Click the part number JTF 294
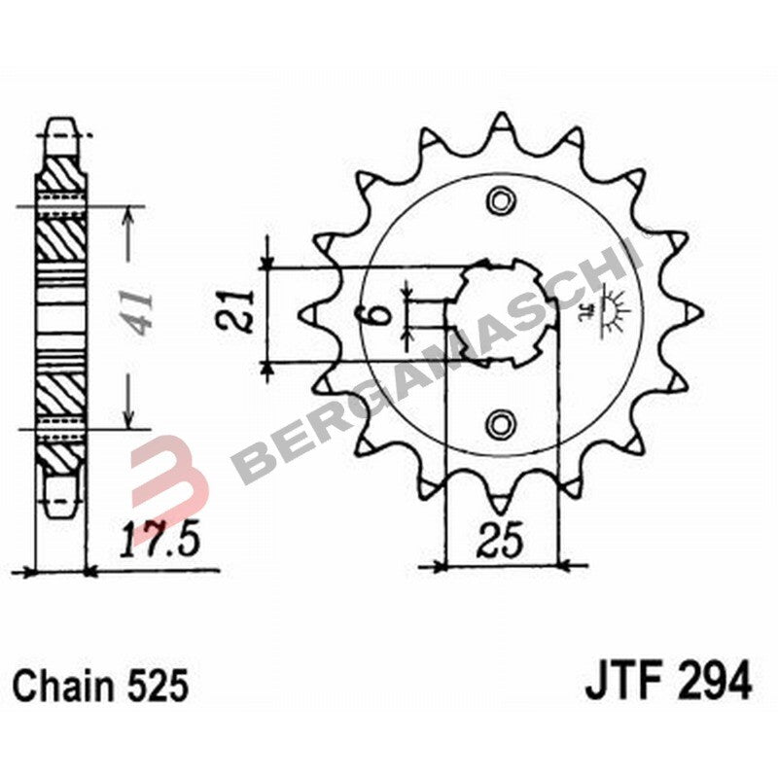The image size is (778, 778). [x=668, y=681]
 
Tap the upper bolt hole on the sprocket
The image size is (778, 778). [x=501, y=202]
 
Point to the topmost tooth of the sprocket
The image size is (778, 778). [x=501, y=124]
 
